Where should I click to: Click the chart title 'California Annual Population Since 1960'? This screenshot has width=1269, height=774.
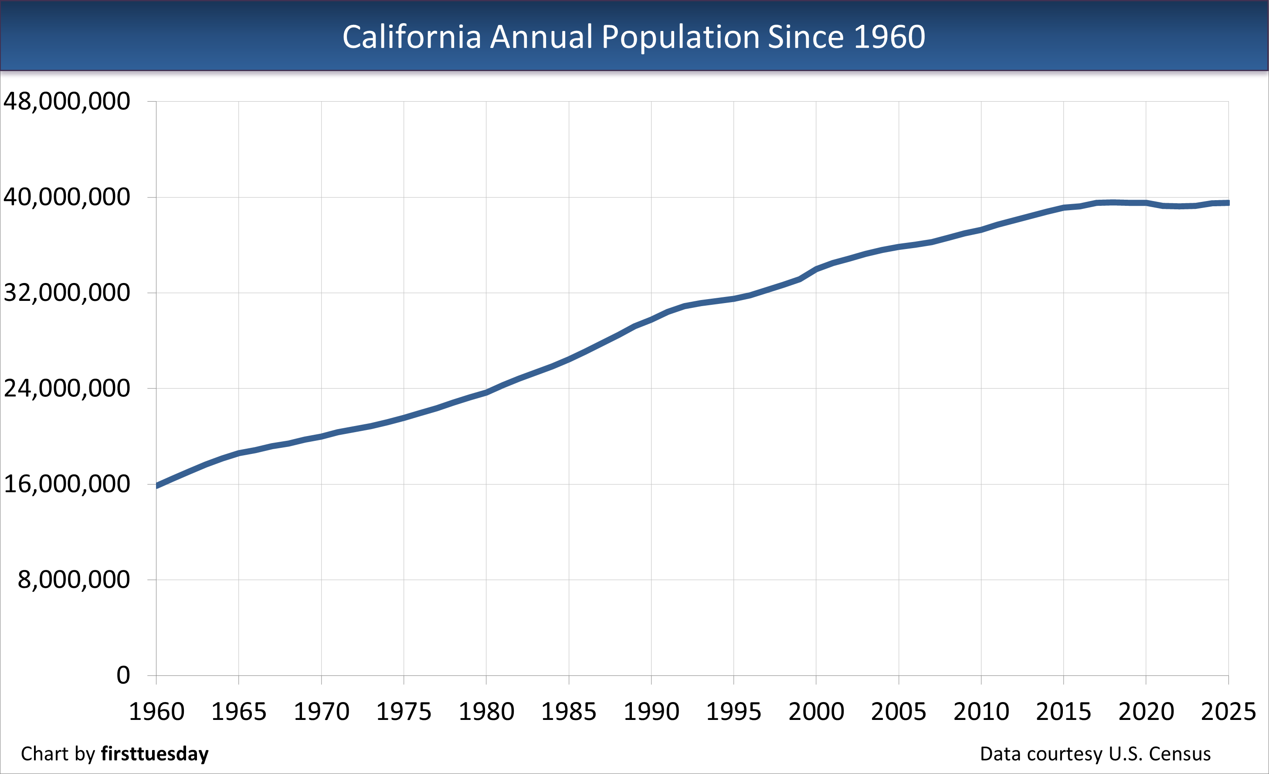(634, 37)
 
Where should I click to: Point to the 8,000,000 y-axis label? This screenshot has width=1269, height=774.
(74, 580)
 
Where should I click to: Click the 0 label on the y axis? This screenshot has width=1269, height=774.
(123, 675)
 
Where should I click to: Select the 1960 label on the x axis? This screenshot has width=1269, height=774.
(156, 712)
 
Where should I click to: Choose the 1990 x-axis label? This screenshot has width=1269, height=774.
(651, 712)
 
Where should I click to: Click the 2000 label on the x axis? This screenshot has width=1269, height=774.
(816, 712)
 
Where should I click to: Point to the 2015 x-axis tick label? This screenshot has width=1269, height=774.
(1063, 712)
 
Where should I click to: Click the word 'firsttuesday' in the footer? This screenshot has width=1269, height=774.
(155, 754)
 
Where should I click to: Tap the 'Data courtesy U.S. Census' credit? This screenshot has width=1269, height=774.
(1095, 754)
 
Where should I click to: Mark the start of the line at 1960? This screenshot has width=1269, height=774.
(156, 485)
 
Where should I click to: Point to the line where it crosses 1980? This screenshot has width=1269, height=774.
(486, 392)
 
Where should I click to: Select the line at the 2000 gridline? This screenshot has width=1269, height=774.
(816, 269)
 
